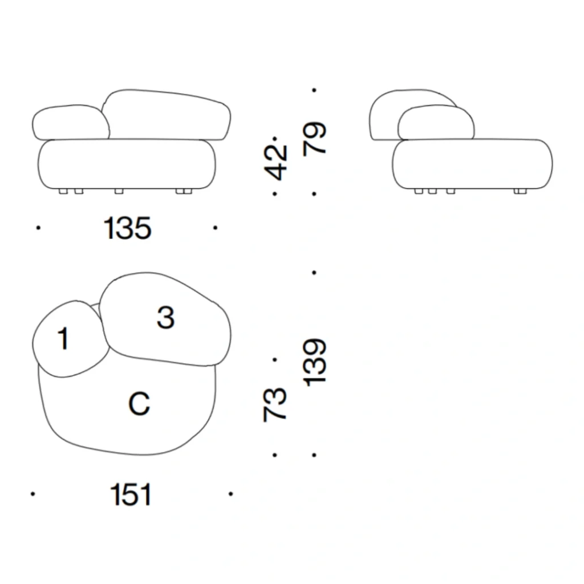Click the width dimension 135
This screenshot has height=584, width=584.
point(128,229)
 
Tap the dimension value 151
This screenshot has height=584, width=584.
point(131,494)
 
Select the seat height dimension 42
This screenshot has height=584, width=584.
point(278,162)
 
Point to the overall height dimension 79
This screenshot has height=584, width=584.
point(315,137)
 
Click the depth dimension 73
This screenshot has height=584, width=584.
point(275,404)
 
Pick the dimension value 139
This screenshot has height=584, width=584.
point(315,363)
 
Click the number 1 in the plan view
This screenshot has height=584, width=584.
point(63,339)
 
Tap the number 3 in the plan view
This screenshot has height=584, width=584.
point(165,317)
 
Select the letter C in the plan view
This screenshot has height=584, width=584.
point(139,404)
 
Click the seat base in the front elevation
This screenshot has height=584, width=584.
point(127,163)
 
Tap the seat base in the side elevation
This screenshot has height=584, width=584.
point(472,164)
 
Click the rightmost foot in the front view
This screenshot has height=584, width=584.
point(184,191)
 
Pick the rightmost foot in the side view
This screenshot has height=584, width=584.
point(519,191)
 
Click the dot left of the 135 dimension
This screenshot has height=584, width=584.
point(38,228)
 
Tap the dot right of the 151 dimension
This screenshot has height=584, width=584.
point(230,494)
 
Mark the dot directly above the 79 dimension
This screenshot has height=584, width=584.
point(314,90)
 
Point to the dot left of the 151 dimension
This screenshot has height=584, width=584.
point(33,494)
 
